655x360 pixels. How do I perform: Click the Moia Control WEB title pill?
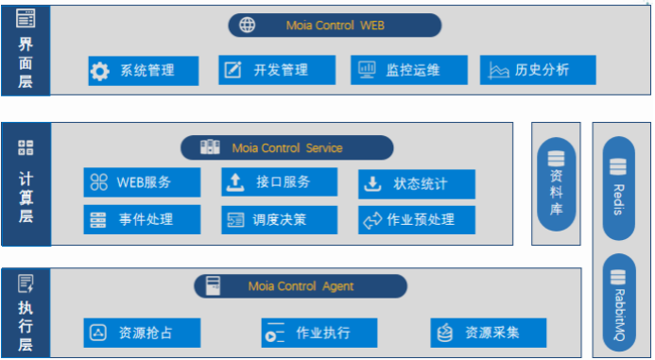[x=335, y=26]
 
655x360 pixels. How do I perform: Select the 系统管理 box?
[x=144, y=71]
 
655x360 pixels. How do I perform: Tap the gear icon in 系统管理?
[x=100, y=71]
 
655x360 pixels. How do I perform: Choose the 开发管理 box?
[x=277, y=70]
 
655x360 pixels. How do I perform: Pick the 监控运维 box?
[x=409, y=70]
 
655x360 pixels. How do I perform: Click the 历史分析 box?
[x=538, y=70]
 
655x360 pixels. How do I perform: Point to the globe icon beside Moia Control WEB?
[x=247, y=26]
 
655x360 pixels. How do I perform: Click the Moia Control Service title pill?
[x=287, y=147]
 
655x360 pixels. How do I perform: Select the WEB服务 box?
[x=142, y=182]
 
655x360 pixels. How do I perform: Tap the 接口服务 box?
[x=280, y=181]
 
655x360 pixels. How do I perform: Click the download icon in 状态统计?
[x=372, y=183]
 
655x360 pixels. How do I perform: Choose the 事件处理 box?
[x=142, y=219]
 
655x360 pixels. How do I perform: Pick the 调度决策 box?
[x=280, y=219]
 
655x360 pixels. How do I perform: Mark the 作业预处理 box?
[x=417, y=219]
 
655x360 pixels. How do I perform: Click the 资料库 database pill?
[x=556, y=183]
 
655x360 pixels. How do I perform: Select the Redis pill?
[x=619, y=188]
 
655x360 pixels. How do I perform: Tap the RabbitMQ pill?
[x=619, y=302]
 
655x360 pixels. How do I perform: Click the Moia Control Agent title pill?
[x=301, y=286]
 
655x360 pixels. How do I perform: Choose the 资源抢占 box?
[x=142, y=333]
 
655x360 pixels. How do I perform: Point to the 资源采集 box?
[x=489, y=333]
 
